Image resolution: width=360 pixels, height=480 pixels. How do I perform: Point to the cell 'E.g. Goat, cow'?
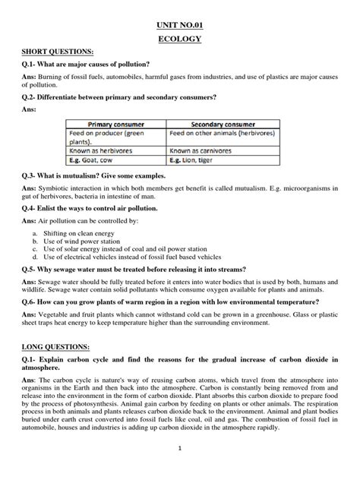click(x=90, y=162)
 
